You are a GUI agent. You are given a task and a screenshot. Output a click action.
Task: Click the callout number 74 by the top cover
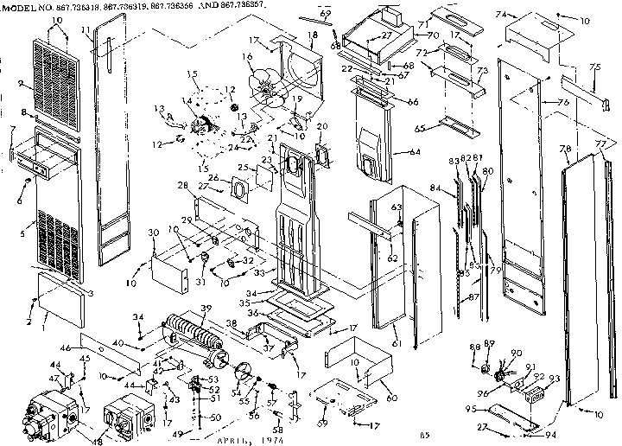click(498, 15)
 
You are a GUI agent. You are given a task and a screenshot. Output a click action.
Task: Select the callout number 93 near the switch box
click(554, 379)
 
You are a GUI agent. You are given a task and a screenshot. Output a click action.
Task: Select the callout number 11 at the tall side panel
click(86, 31)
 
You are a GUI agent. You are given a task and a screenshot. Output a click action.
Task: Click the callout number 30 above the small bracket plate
click(153, 233)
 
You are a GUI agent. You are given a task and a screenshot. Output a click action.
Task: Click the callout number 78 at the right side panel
click(567, 150)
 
